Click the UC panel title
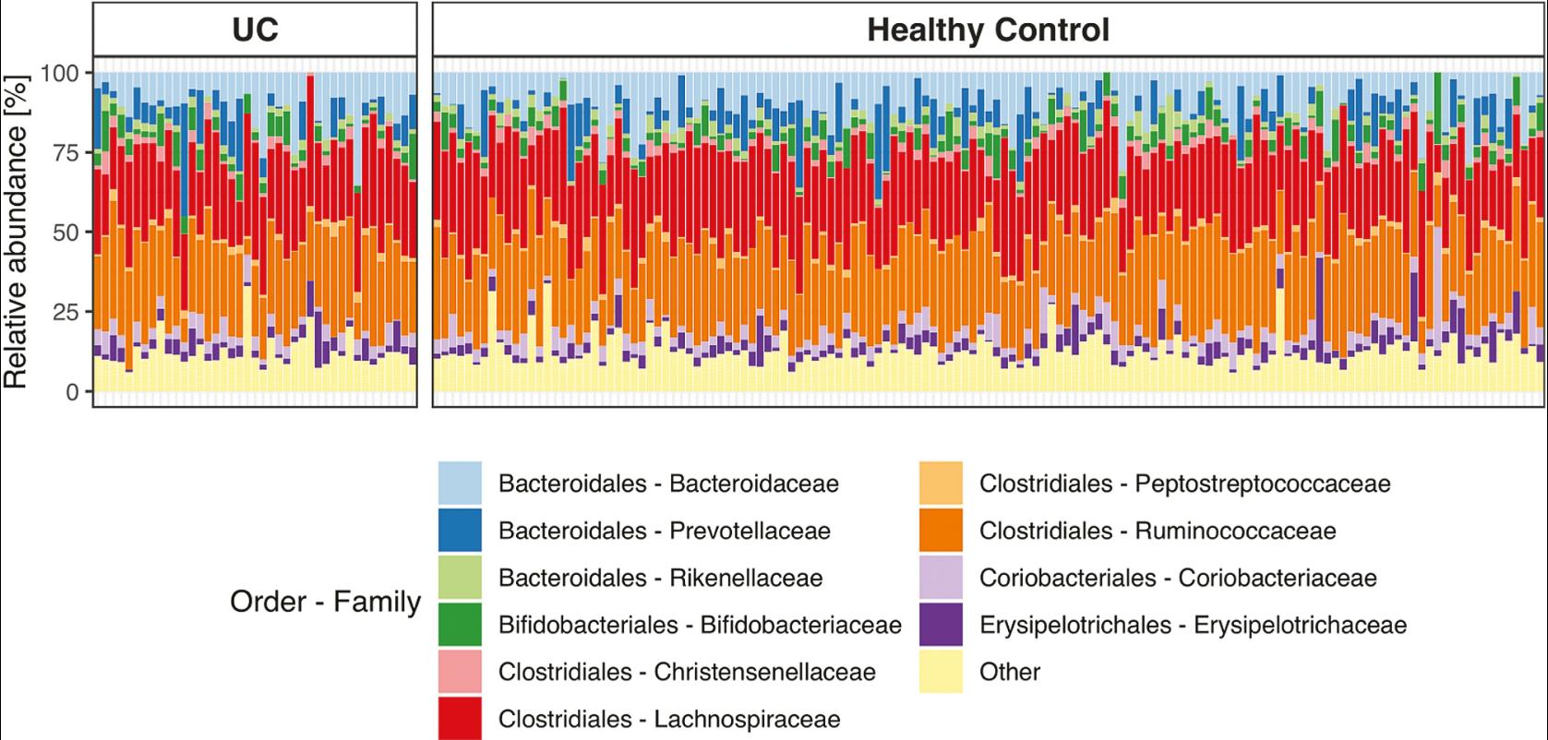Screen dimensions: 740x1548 point(255,30)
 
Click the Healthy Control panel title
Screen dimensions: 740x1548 point(988,30)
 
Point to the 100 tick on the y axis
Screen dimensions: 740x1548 point(60,73)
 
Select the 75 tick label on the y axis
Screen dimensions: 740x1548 point(66,152)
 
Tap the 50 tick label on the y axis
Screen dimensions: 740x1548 point(66,232)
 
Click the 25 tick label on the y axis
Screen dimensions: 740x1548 point(66,312)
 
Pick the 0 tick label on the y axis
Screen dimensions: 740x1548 point(72,391)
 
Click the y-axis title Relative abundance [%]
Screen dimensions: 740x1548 point(16,232)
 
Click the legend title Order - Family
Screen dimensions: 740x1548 point(325,602)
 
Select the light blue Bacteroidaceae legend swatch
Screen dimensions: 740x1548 point(460,483)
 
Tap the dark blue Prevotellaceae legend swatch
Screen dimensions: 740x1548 point(460,531)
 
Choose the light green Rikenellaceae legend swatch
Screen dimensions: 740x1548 point(460,578)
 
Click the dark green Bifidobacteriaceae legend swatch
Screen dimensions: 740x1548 point(460,625)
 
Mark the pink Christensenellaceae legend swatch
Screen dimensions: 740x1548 point(460,672)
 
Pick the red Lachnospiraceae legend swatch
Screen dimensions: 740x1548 point(460,718)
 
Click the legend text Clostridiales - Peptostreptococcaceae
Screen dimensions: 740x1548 point(1184,483)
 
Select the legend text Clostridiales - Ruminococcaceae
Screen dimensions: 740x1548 point(1158,531)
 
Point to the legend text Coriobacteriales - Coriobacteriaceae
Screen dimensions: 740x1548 point(1178,578)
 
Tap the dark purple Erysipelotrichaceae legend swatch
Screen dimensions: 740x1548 point(941,625)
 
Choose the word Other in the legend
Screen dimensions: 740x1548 point(1010,672)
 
